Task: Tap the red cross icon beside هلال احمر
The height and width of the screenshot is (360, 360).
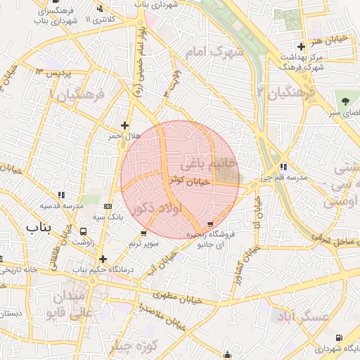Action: [125, 125]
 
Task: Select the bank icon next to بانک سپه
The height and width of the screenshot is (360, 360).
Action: [107, 206]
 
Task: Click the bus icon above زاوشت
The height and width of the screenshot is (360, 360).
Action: [84, 231]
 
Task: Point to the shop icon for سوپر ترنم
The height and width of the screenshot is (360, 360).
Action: [144, 233]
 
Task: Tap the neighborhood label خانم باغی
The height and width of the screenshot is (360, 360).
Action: [210, 164]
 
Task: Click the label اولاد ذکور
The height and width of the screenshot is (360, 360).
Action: [157, 209]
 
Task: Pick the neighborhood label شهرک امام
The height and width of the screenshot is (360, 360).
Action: [211, 52]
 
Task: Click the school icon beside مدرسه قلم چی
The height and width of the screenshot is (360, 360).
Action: [283, 167]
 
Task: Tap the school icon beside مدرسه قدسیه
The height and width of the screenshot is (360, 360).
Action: [60, 195]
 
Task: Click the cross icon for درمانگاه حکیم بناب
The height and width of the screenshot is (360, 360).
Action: [104, 259]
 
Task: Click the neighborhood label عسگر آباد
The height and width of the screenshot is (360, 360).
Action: [300, 316]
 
